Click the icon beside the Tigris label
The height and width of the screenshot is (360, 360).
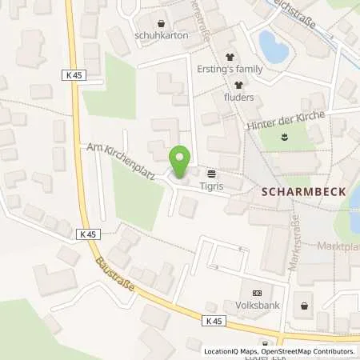tap(212, 172)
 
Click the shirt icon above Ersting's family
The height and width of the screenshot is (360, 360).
tap(232, 57)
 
